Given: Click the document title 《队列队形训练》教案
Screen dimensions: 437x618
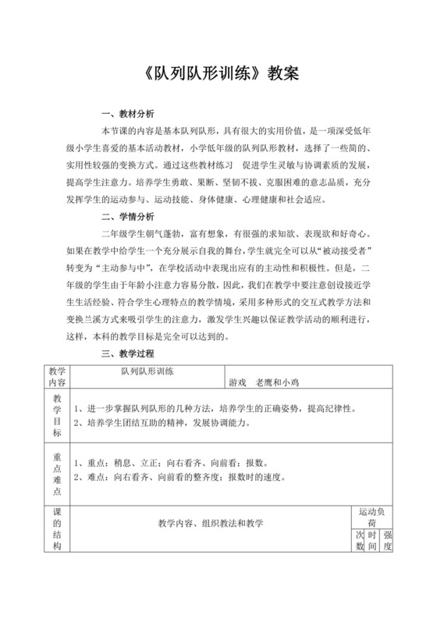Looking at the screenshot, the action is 218,74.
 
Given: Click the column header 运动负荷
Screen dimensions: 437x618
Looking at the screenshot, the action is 374,517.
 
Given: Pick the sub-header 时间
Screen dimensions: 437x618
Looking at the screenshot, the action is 374,542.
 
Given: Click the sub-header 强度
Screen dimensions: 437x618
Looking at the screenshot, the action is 388,542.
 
